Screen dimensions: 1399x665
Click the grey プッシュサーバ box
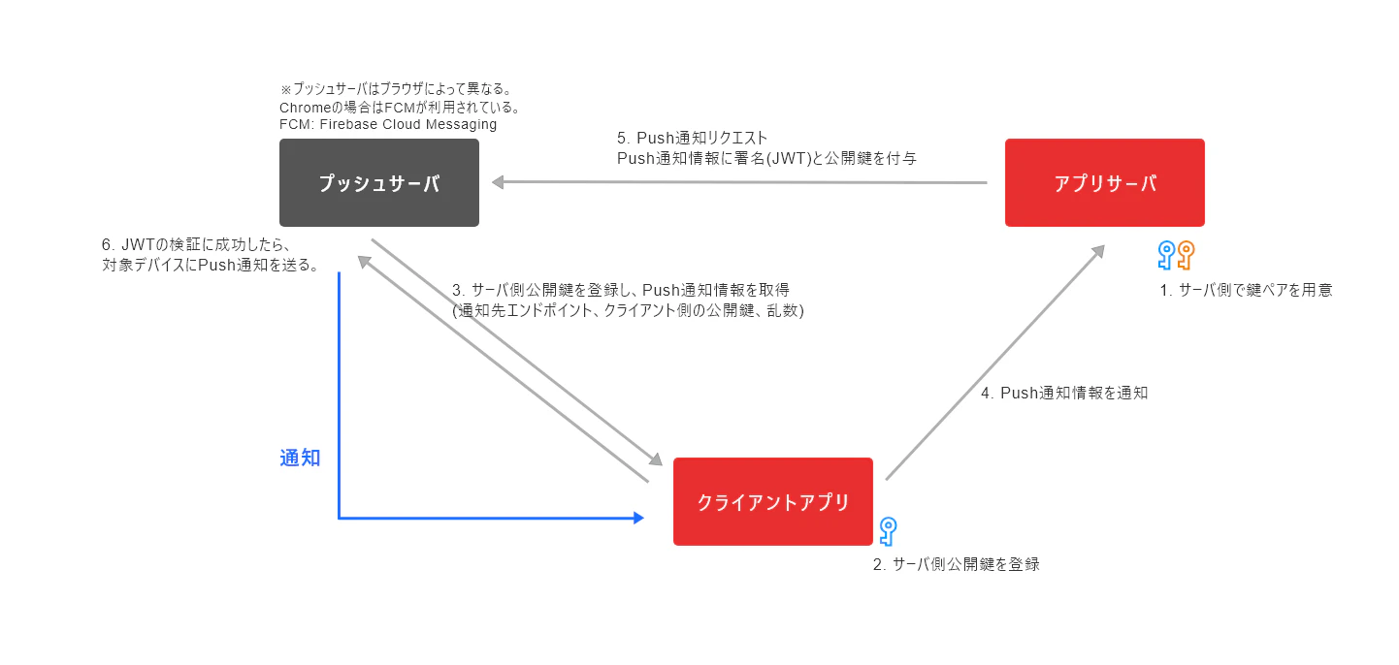click(x=379, y=182)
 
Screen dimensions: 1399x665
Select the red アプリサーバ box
click(x=1104, y=182)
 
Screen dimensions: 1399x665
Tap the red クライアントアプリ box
click(x=772, y=501)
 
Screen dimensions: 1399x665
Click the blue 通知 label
click(x=300, y=458)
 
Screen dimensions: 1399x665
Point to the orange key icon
click(x=1186, y=255)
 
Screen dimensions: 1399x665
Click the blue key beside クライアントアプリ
click(x=888, y=531)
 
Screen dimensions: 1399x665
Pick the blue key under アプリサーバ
click(x=1166, y=255)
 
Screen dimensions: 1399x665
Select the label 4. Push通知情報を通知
click(x=1064, y=393)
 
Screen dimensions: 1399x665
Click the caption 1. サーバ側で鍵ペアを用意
click(x=1246, y=290)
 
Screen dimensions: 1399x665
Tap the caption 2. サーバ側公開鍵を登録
click(x=957, y=564)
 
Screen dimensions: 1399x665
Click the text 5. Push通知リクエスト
click(x=692, y=138)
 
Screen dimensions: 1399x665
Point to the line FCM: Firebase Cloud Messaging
click(x=388, y=124)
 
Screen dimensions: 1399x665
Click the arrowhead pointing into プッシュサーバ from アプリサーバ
click(x=498, y=182)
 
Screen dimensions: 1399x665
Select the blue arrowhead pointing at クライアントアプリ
click(x=638, y=518)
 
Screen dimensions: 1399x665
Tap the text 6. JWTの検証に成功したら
click(x=197, y=244)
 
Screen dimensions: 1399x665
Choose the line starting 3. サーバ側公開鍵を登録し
click(x=621, y=290)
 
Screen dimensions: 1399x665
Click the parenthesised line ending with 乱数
click(x=628, y=310)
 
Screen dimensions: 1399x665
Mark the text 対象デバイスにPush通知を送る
click(x=211, y=265)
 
